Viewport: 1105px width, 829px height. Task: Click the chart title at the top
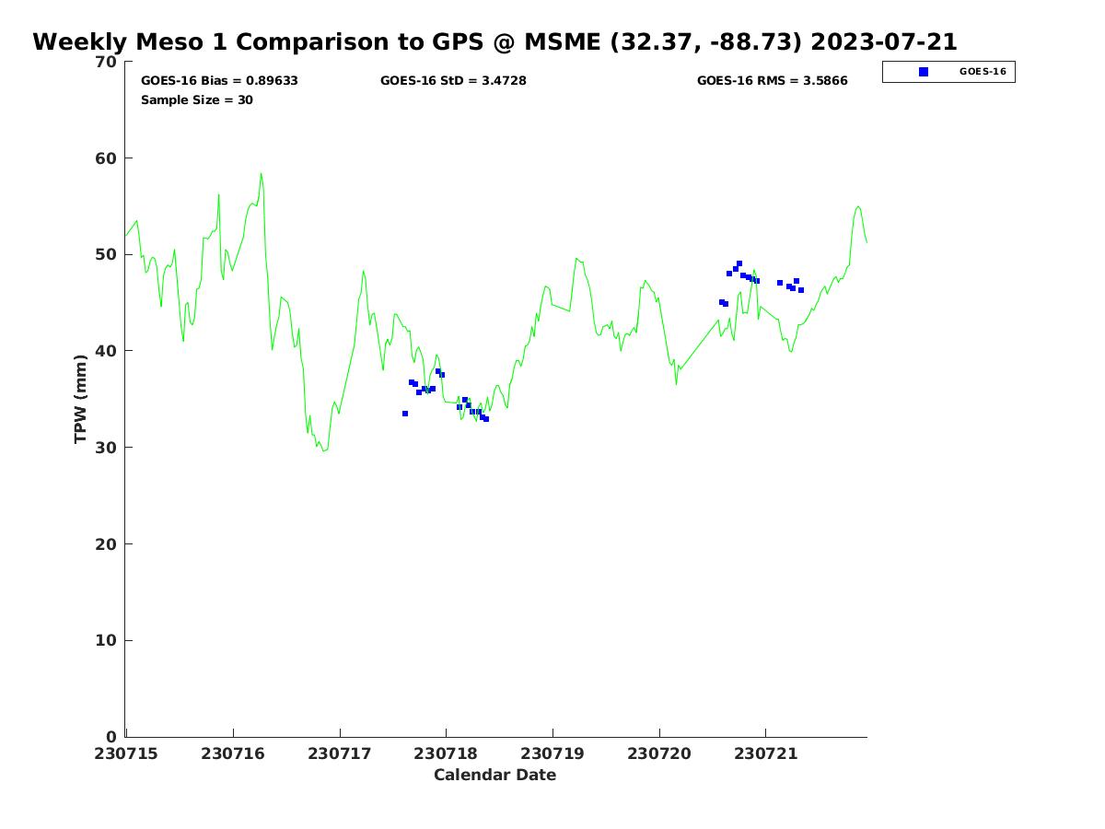tap(494, 42)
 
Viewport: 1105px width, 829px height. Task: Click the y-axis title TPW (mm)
tap(80, 398)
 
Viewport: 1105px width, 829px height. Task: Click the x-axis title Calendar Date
tap(494, 775)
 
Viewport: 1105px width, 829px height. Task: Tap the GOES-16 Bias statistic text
tap(219, 80)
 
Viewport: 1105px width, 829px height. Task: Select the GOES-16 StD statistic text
tap(453, 80)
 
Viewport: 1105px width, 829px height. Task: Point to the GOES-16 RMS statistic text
tap(772, 80)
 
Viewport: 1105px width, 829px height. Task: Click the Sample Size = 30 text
tap(196, 99)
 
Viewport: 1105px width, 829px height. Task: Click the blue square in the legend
tap(924, 72)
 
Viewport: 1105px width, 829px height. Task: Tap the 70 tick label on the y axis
tap(107, 62)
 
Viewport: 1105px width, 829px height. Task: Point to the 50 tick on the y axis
tap(107, 254)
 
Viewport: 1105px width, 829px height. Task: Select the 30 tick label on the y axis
tap(107, 448)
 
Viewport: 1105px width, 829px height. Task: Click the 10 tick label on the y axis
tap(107, 640)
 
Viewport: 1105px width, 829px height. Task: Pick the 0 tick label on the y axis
tap(111, 737)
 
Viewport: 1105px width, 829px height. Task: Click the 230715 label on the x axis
tap(126, 753)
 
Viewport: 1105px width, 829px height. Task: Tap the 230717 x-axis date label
tap(339, 753)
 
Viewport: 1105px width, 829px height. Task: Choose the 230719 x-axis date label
tap(552, 753)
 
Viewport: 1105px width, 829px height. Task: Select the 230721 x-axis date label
tap(766, 753)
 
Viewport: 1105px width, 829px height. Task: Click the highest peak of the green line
tap(261, 173)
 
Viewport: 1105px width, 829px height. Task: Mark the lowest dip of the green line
tap(323, 450)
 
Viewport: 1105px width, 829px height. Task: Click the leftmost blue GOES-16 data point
tap(405, 414)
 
